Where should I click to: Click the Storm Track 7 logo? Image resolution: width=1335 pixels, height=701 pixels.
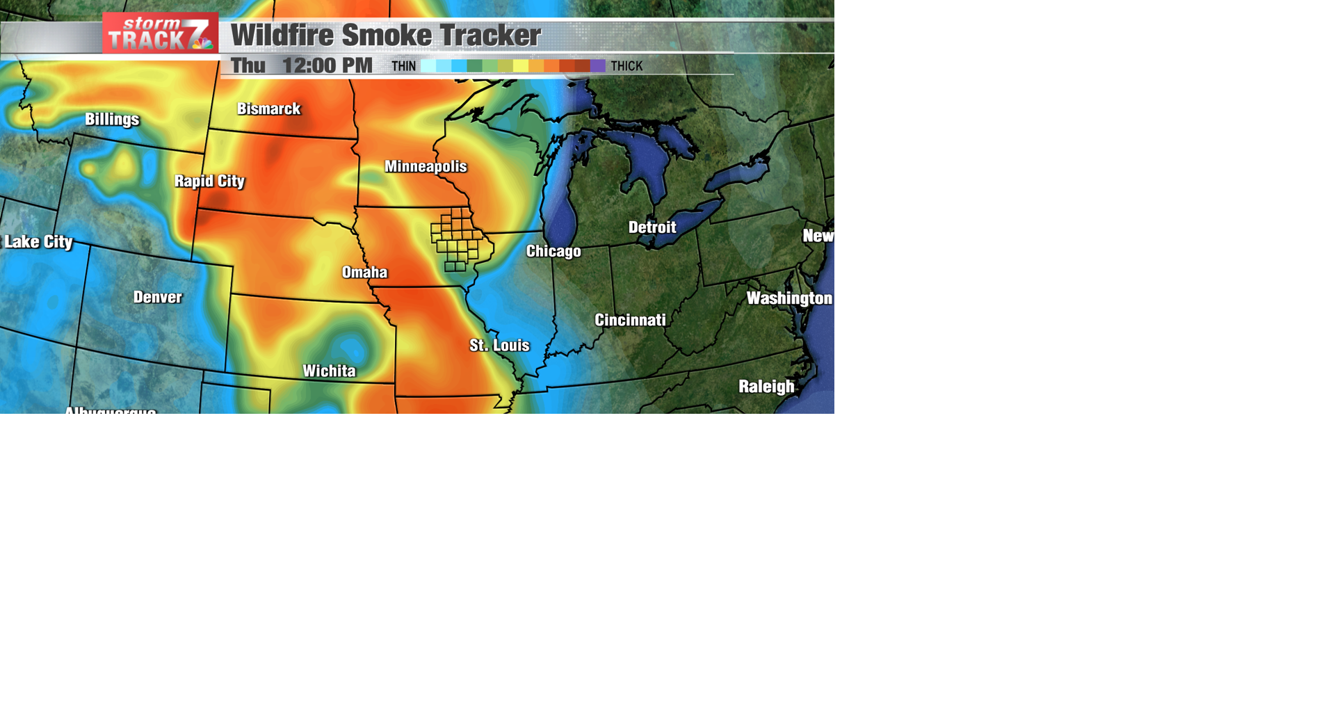[x=161, y=33]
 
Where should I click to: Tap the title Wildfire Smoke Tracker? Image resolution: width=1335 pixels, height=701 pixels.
[x=385, y=35]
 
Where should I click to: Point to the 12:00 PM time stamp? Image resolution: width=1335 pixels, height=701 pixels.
[x=327, y=66]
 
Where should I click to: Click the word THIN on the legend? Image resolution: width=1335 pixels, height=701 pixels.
[x=403, y=67]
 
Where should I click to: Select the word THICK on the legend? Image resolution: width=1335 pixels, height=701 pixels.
[x=626, y=67]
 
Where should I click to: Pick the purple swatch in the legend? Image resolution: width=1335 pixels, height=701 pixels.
[x=598, y=66]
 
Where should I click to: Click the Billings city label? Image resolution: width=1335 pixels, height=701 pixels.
[x=112, y=120]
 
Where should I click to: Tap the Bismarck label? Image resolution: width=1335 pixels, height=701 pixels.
[x=268, y=109]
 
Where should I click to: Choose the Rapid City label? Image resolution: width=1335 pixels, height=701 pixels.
[x=209, y=182]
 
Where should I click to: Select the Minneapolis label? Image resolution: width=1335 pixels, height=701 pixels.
[x=426, y=167]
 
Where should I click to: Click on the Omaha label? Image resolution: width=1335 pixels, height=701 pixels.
[x=364, y=273]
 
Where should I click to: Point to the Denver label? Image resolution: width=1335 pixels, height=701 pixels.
[x=158, y=298]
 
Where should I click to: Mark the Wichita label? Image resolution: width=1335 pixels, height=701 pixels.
[x=329, y=371]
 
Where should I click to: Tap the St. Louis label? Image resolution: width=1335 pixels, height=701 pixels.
[x=499, y=346]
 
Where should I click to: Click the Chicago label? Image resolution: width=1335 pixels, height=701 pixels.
[x=553, y=252]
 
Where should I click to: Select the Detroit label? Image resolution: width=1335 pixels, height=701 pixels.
[x=652, y=227]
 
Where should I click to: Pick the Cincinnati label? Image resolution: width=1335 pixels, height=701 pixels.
[x=630, y=321]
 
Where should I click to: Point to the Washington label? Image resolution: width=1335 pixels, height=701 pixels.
[x=789, y=299]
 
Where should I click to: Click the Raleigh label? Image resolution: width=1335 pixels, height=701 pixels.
[x=766, y=387]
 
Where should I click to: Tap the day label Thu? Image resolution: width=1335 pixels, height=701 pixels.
[x=248, y=66]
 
